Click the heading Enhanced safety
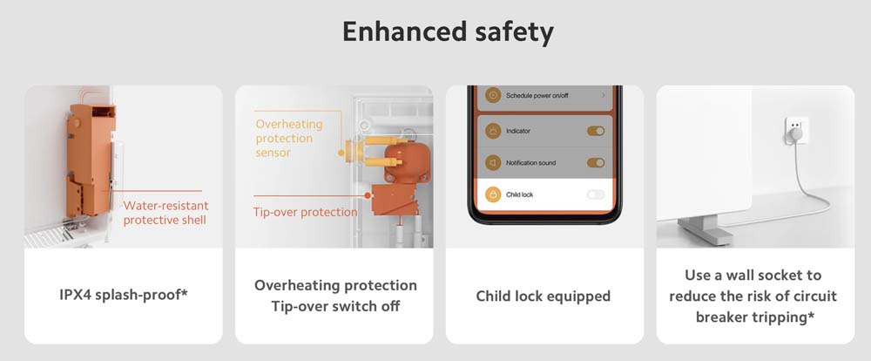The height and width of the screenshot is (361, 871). (x=448, y=32)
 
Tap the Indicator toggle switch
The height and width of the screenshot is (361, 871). (x=596, y=132)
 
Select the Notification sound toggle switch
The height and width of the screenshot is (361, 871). (x=596, y=162)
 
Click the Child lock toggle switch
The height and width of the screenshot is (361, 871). (x=596, y=194)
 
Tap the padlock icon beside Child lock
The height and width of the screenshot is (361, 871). (x=493, y=194)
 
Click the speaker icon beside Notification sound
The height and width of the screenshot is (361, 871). (x=493, y=162)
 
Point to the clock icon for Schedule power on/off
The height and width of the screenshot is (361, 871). (x=493, y=95)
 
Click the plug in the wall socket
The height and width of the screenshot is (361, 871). (x=796, y=133)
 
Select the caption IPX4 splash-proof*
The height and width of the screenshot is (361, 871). (x=124, y=294)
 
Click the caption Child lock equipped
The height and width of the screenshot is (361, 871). (x=544, y=296)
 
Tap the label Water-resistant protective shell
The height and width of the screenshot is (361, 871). (x=165, y=213)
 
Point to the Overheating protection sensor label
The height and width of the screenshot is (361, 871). (x=289, y=138)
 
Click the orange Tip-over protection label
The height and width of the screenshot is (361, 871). (x=305, y=212)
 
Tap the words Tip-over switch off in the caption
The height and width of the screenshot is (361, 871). (x=335, y=306)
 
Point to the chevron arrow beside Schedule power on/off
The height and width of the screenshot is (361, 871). (x=604, y=96)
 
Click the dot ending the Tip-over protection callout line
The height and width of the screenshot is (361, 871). (x=368, y=196)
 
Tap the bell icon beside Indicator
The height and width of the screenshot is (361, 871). (x=493, y=132)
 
